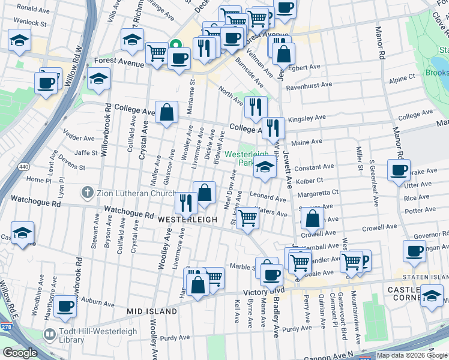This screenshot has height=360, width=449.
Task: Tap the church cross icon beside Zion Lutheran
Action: (88, 193)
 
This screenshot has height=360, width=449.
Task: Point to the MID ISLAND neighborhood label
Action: (152, 311)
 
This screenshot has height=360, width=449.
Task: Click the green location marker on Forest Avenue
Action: (176, 44)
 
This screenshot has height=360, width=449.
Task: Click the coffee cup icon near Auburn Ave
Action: (65, 306)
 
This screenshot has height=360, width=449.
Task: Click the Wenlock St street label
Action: (31, 23)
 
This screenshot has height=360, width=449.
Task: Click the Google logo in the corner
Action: (20, 353)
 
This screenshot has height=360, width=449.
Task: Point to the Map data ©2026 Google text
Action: (412, 355)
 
